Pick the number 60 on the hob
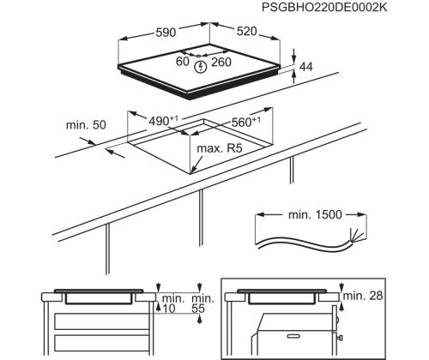click(182, 61)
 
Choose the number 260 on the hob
click(222, 61)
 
